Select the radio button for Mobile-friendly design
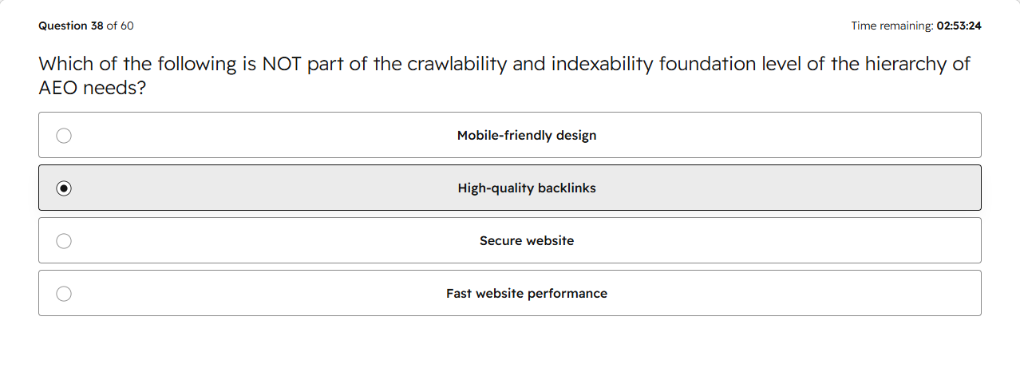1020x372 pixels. [64, 136]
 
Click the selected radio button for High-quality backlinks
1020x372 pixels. [64, 188]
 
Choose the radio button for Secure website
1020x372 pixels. [64, 241]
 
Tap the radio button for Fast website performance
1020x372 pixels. [64, 294]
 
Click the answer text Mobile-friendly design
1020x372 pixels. [527, 136]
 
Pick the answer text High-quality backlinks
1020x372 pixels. [527, 188]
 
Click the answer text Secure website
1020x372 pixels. [527, 240]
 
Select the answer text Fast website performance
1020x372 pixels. [527, 293]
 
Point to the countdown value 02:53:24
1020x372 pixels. [959, 26]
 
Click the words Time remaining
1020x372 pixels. [892, 26]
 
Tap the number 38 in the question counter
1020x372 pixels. [97, 26]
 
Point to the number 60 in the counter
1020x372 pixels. [127, 26]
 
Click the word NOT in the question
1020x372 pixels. [282, 64]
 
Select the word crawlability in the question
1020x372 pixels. [457, 64]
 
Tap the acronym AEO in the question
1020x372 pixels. [57, 88]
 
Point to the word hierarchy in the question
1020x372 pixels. [905, 64]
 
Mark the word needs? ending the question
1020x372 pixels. [115, 88]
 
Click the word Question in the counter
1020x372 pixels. [63, 26]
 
